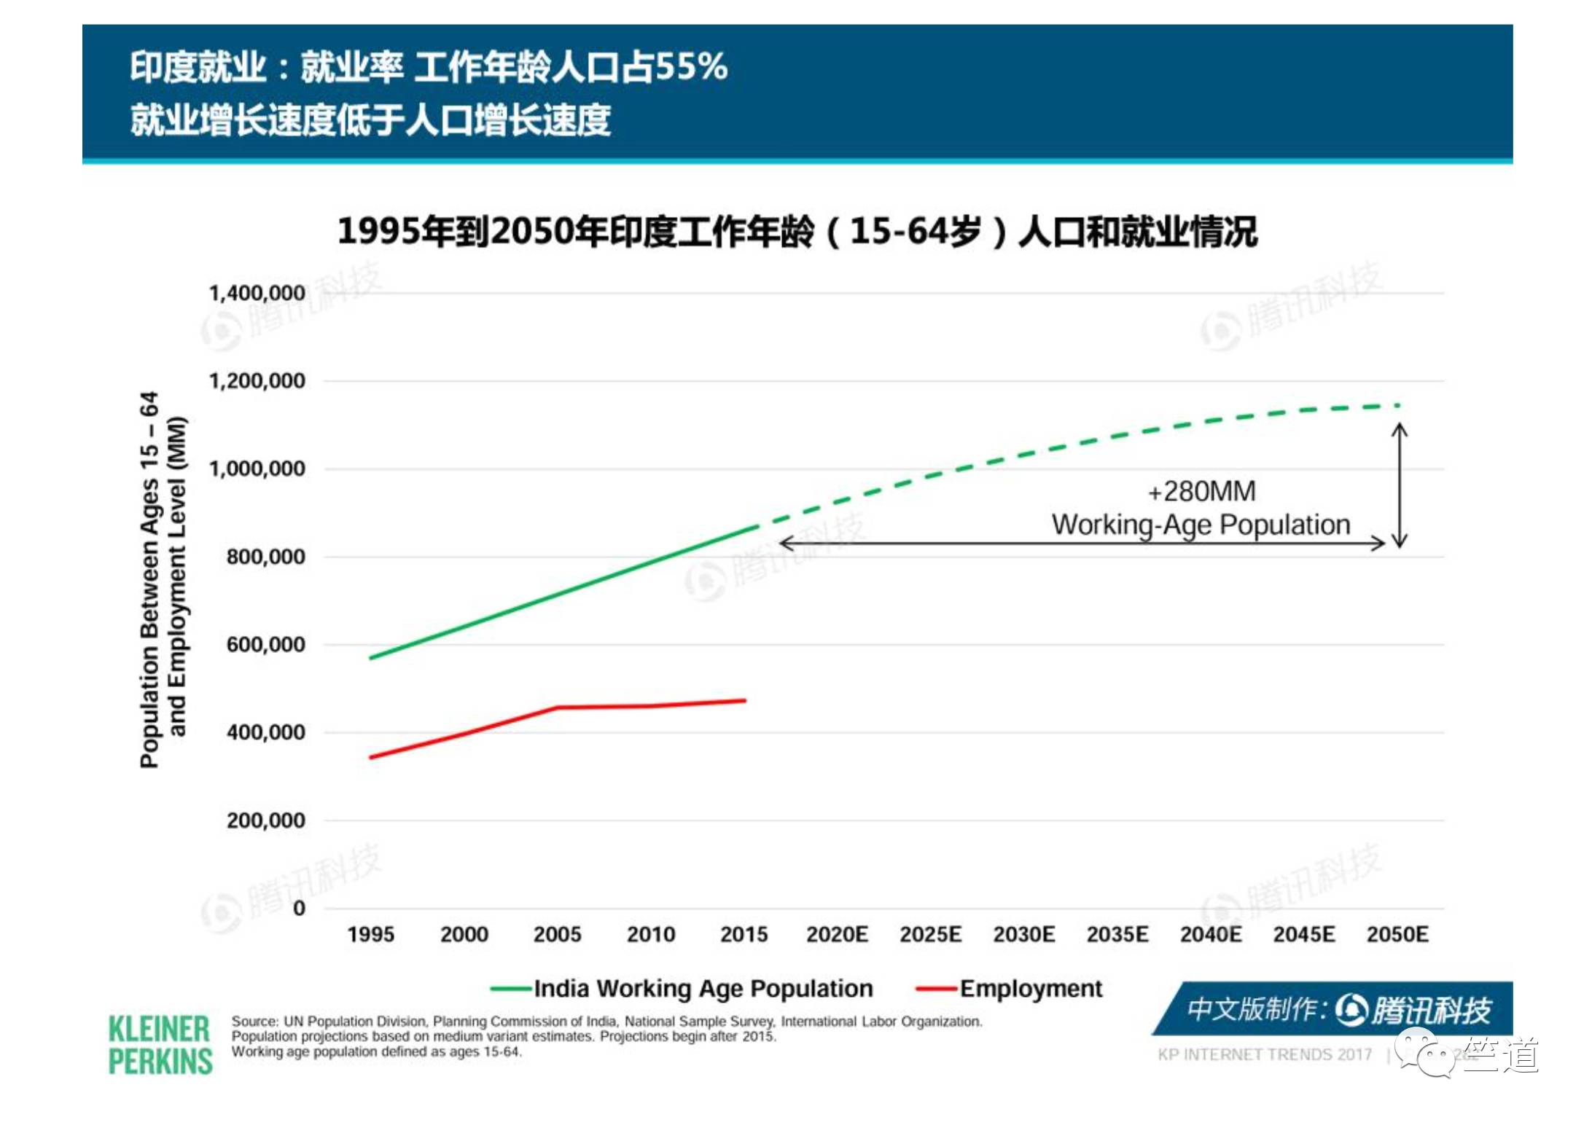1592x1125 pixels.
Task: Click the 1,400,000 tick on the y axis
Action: pyautogui.click(x=257, y=293)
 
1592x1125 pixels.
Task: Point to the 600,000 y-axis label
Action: pyautogui.click(x=265, y=645)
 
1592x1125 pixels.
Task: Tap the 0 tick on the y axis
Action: pyautogui.click(x=299, y=909)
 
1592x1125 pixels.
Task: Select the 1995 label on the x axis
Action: pyautogui.click(x=370, y=935)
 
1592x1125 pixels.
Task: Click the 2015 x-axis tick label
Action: pyautogui.click(x=744, y=935)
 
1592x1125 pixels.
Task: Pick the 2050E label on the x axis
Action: pyautogui.click(x=1397, y=935)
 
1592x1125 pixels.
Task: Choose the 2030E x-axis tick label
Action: pyautogui.click(x=1023, y=935)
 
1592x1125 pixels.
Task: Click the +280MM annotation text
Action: pyautogui.click(x=1201, y=492)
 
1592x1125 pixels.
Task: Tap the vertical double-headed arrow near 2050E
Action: pyautogui.click(x=1400, y=485)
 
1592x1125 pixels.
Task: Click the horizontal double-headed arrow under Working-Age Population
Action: pyautogui.click(x=1082, y=544)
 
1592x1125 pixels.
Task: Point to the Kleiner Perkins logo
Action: pyautogui.click(x=160, y=1046)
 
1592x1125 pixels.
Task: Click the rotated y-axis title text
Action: pyautogui.click(x=163, y=579)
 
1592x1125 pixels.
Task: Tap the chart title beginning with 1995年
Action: pyautogui.click(x=797, y=232)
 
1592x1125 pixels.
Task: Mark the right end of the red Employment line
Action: pyautogui.click(x=744, y=701)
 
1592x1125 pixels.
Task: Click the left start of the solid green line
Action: pyautogui.click(x=372, y=658)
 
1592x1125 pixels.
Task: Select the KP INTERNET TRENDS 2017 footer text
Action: pyautogui.click(x=1264, y=1054)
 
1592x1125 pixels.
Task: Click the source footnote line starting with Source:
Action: pyautogui.click(x=606, y=1022)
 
